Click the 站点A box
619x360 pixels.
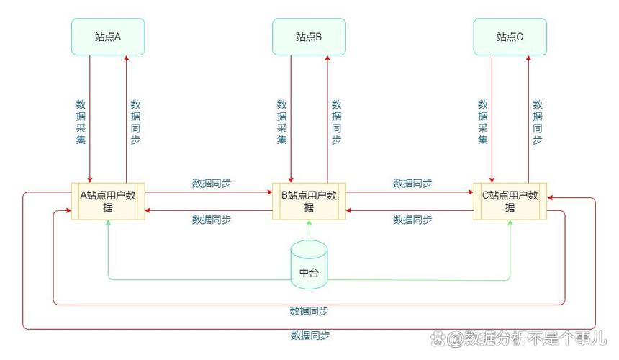click(x=108, y=37)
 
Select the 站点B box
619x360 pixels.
click(x=309, y=37)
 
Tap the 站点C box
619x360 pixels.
click(x=510, y=37)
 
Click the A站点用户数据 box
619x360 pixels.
click(x=108, y=201)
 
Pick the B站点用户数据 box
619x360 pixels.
click(x=309, y=201)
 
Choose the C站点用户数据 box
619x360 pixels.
click(x=510, y=201)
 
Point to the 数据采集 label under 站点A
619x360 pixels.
click(x=81, y=121)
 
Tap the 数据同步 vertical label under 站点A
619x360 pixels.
click(x=135, y=121)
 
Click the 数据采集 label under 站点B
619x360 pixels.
click(x=281, y=121)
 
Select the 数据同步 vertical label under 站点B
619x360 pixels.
click(x=336, y=121)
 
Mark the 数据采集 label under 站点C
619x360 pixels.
click(x=482, y=121)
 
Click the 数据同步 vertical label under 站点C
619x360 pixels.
click(x=537, y=121)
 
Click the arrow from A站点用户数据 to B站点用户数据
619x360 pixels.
click(x=209, y=193)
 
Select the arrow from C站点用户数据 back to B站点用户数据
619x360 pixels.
click(x=410, y=210)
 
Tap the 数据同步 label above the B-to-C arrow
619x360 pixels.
click(x=412, y=183)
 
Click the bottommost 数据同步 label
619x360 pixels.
click(x=310, y=335)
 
